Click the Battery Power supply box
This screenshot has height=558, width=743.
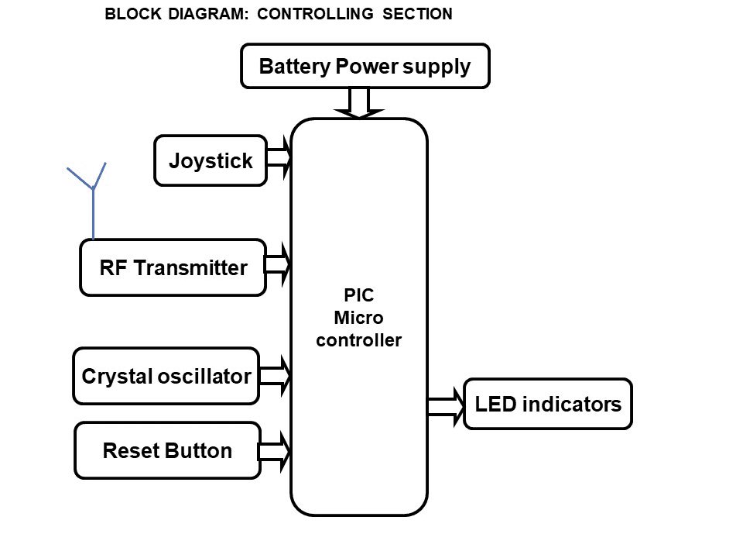pos(365,66)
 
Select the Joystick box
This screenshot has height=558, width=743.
pos(211,161)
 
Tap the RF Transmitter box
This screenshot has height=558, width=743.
pos(173,268)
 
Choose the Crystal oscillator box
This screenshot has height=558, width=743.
pos(166,377)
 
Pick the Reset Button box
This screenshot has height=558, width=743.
pos(167,451)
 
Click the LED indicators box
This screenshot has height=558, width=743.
pos(548,404)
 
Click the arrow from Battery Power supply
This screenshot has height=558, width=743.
pos(359,103)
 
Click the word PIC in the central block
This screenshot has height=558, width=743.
pos(358,295)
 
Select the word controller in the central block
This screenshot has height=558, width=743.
pos(358,339)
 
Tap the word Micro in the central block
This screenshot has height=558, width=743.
pos(358,318)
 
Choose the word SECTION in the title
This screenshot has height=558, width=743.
pos(417,14)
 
